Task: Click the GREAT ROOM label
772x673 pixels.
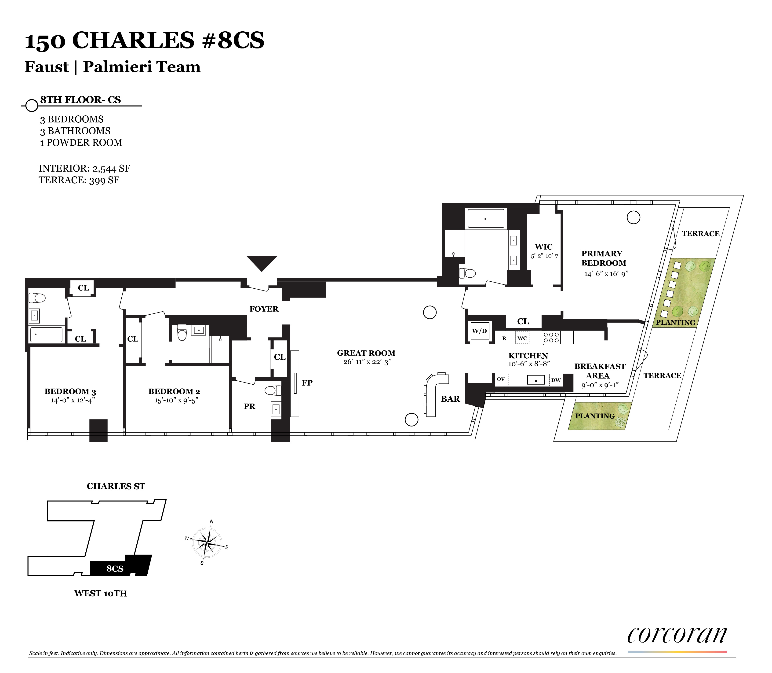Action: pyautogui.click(x=366, y=353)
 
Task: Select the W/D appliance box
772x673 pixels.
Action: pyautogui.click(x=479, y=331)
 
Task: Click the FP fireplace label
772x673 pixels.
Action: pyautogui.click(x=307, y=383)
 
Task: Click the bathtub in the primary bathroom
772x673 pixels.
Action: pyautogui.click(x=486, y=219)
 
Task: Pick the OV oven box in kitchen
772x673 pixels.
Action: pyautogui.click(x=501, y=380)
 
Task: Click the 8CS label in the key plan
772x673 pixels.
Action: pyautogui.click(x=115, y=569)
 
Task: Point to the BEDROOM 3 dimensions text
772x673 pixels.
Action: pyautogui.click(x=73, y=400)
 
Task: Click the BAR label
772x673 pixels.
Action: pyautogui.click(x=450, y=399)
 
